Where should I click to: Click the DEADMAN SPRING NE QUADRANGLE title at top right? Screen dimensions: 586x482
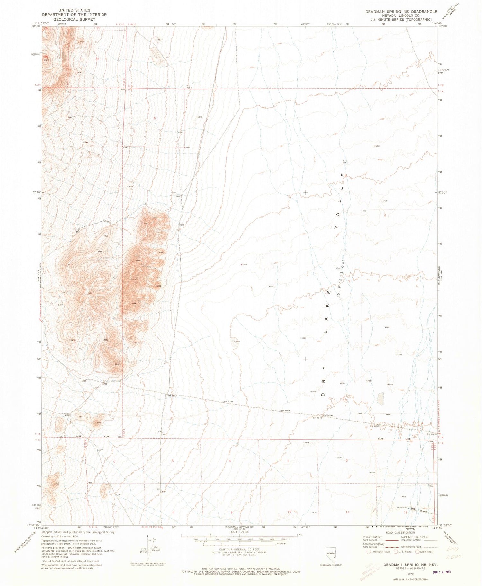(x=401, y=12)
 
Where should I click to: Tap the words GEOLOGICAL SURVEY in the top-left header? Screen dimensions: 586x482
(x=74, y=19)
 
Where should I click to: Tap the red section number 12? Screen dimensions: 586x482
(x=406, y=512)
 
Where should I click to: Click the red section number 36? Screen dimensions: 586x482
(x=97, y=59)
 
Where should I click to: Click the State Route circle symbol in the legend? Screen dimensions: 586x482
(x=418, y=552)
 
